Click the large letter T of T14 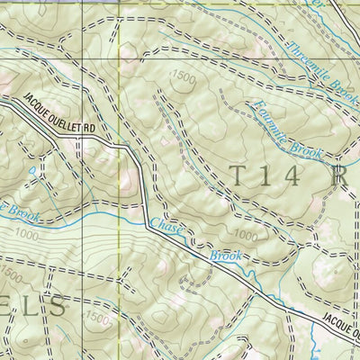pos(238,175)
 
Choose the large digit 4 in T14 pos(297,175)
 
